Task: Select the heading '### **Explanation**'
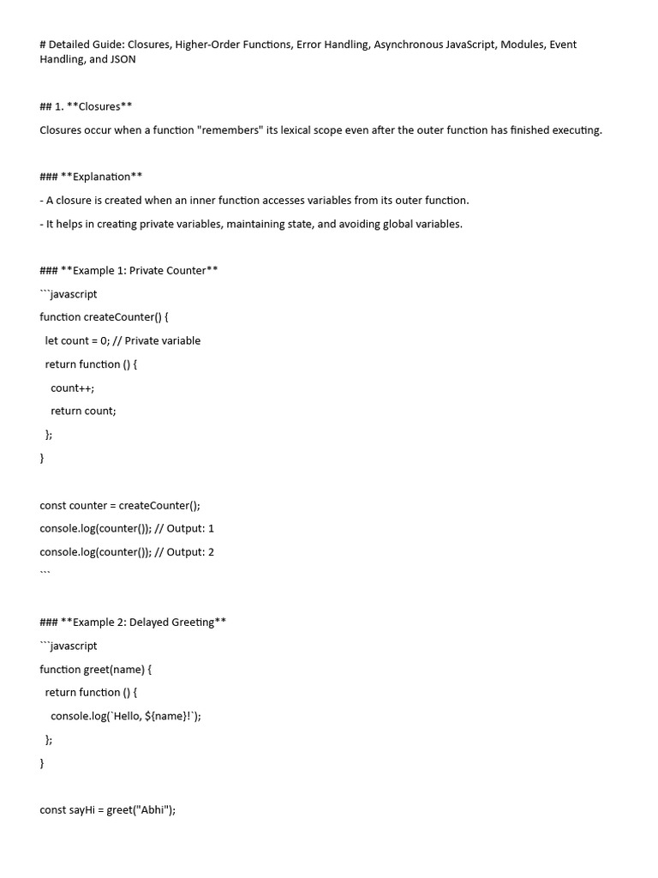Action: tap(91, 177)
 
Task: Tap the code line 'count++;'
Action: tap(73, 388)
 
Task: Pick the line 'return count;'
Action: tap(83, 411)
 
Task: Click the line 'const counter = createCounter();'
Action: tap(119, 505)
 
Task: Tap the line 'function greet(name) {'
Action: tap(95, 669)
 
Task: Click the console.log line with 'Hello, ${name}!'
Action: tap(126, 715)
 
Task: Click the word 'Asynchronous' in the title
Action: tap(408, 45)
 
